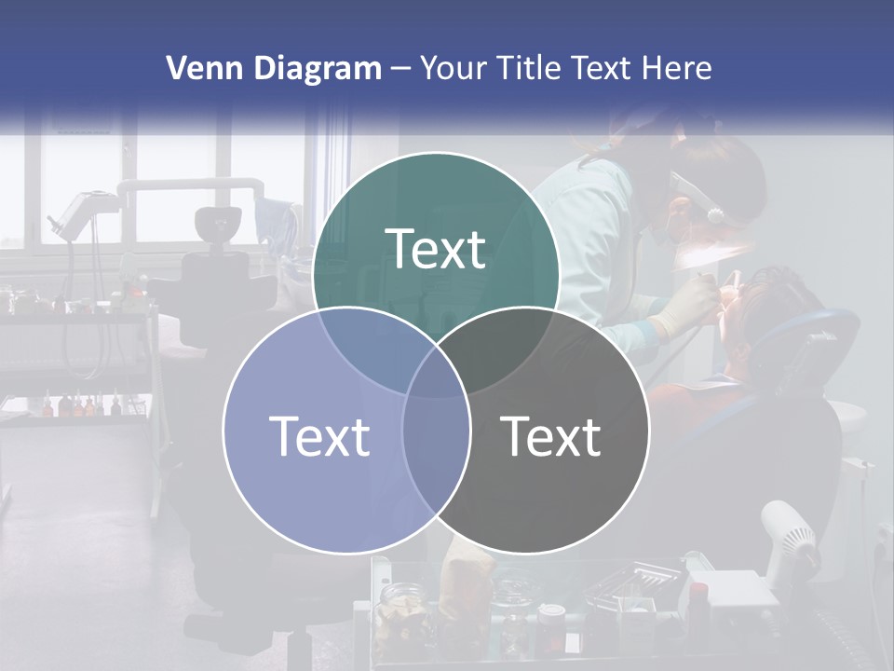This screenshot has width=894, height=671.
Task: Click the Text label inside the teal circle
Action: [436, 249]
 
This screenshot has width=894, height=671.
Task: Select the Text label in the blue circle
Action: [319, 435]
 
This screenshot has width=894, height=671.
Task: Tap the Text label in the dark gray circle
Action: [551, 435]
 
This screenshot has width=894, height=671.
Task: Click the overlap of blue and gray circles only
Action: [436, 457]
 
